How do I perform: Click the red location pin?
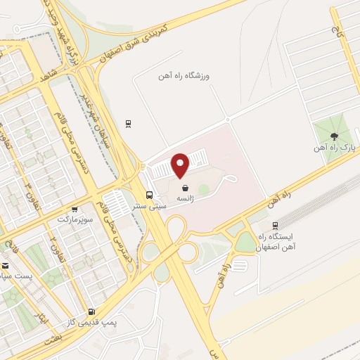[181, 165]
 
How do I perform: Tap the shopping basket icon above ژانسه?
[185, 188]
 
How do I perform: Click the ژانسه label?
[185, 199]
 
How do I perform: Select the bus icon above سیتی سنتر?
[149, 195]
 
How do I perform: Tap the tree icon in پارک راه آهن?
[335, 138]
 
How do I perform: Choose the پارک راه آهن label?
[335, 149]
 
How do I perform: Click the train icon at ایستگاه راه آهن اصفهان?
[275, 226]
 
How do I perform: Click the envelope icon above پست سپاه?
[6, 266]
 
